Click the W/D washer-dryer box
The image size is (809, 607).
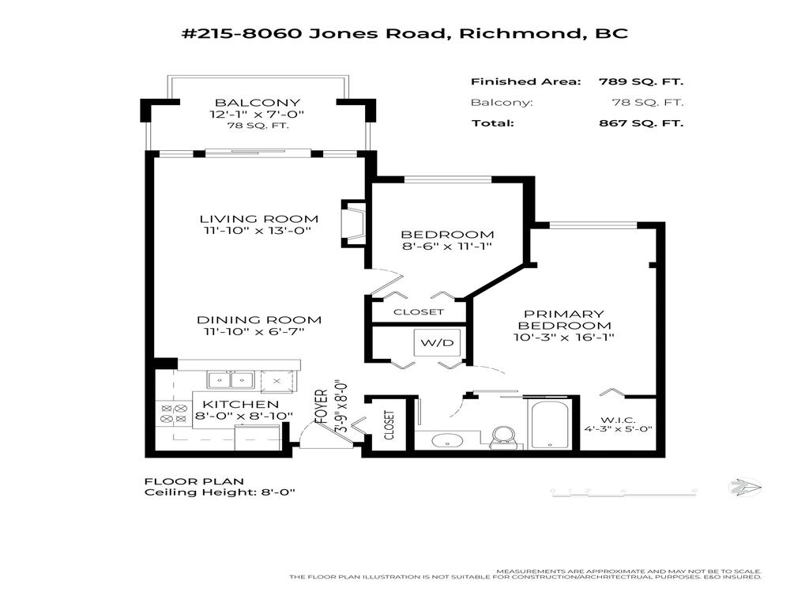click(x=431, y=344)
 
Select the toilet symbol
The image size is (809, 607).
click(x=502, y=436)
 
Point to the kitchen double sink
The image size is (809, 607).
click(x=229, y=380)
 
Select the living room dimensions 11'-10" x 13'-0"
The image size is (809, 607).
click(x=258, y=231)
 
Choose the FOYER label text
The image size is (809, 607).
click(x=322, y=406)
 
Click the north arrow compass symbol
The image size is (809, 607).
click(x=743, y=488)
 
